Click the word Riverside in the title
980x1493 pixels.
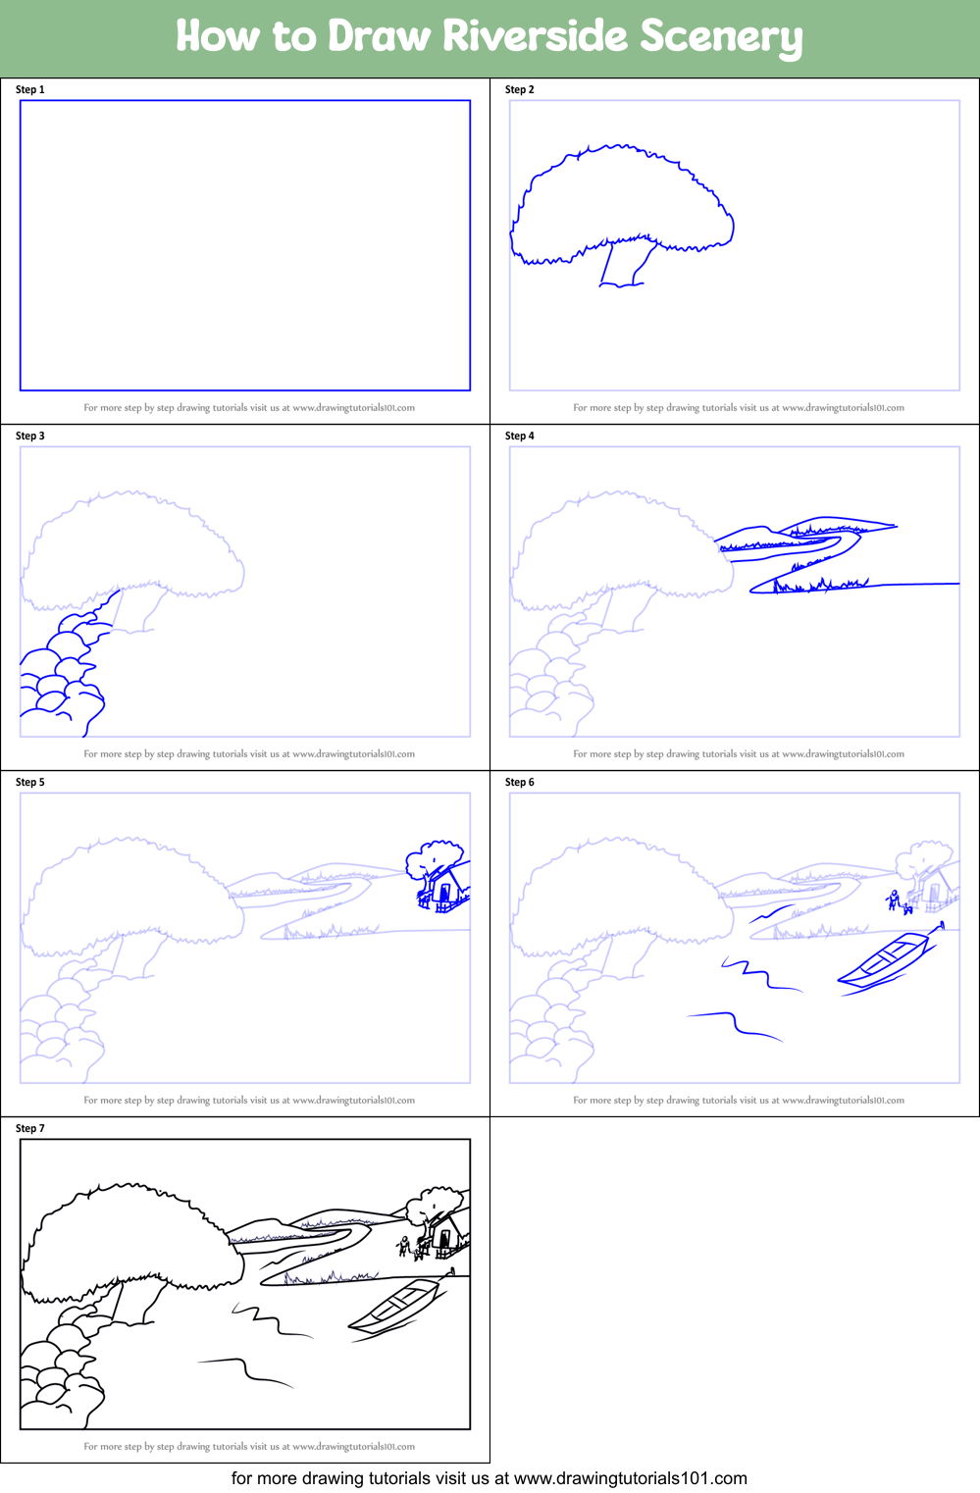(535, 36)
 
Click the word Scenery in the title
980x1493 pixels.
(721, 38)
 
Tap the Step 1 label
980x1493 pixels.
(30, 89)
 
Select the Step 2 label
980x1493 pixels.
(520, 89)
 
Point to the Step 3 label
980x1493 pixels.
(30, 436)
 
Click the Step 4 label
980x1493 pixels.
(520, 436)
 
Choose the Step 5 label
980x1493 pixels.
(30, 782)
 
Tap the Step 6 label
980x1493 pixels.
(520, 782)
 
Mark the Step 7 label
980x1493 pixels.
(30, 1128)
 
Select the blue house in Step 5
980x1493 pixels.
(443, 887)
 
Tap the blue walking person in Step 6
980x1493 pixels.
(893, 900)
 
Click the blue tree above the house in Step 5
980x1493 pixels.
(434, 856)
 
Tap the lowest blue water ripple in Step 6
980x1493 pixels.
(736, 1024)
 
